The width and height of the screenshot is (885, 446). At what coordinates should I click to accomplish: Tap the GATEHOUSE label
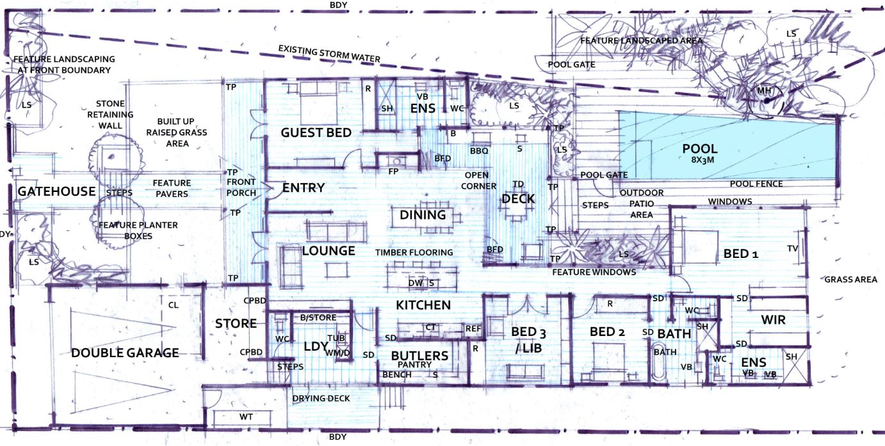[x=56, y=191]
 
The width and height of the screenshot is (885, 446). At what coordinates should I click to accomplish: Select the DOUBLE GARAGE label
[x=125, y=353]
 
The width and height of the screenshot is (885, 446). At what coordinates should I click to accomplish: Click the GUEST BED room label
[x=316, y=132]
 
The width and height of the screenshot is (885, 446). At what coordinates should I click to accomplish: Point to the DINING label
[x=423, y=215]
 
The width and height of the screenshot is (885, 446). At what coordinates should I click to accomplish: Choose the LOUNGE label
[x=328, y=250]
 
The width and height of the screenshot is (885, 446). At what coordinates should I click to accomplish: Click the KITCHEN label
[x=423, y=305]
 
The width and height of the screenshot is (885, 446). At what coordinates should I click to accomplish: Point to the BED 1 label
[x=740, y=254]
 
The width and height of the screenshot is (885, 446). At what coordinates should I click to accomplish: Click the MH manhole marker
[x=764, y=91]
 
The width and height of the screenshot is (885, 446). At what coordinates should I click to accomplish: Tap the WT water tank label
[x=246, y=417]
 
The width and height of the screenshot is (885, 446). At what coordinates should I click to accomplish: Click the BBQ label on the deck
[x=478, y=151]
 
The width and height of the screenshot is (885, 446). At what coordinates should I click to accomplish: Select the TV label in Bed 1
[x=793, y=248]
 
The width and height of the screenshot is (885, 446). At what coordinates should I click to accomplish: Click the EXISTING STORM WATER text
[x=329, y=54]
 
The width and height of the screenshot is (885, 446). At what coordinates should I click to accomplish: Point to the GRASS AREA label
[x=850, y=280]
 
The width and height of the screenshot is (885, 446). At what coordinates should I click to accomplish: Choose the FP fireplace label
[x=393, y=171]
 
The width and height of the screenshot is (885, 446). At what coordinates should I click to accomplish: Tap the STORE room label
[x=236, y=324]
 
